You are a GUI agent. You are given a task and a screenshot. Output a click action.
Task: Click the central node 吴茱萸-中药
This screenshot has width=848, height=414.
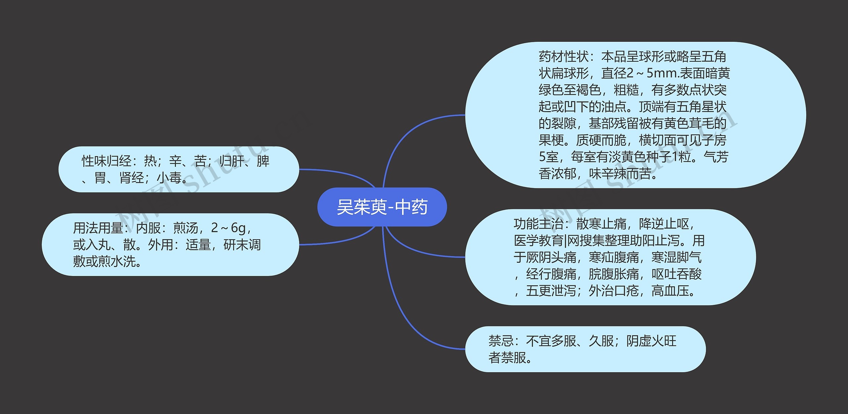(x=382, y=207)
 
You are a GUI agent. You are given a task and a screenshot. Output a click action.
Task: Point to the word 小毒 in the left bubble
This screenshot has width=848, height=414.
(x=169, y=178)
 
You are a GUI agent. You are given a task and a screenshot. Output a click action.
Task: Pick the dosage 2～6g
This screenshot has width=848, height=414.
(x=228, y=228)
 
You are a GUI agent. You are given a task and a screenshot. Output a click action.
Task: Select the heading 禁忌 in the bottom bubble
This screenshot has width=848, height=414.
(x=501, y=341)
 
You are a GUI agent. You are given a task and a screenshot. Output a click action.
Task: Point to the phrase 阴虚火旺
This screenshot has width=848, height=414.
(x=651, y=341)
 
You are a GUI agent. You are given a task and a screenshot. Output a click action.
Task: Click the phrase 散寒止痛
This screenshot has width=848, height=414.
(x=601, y=224)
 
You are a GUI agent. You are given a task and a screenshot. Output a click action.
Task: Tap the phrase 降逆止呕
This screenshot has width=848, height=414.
(x=664, y=224)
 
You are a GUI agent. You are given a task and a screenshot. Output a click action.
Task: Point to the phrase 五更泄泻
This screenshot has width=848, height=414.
(x=551, y=291)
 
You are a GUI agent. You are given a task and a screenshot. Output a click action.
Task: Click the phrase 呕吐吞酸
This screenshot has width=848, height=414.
(x=676, y=274)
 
